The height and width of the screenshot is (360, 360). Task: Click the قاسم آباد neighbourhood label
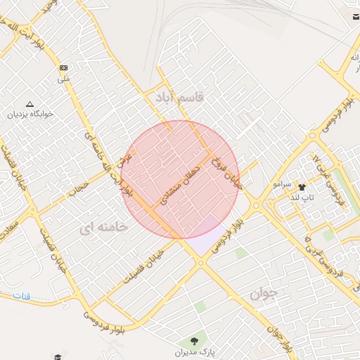[x=176, y=98]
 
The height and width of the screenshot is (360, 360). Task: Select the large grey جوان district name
[x=264, y=292]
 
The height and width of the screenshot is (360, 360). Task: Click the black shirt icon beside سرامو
[x=302, y=187]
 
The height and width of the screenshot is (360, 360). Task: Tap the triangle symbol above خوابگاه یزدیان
[x=30, y=103]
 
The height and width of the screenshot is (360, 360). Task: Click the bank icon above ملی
[x=64, y=67]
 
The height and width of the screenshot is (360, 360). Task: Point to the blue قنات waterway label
[x=22, y=297]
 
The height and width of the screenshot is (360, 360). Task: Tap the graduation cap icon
[x=55, y=356]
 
